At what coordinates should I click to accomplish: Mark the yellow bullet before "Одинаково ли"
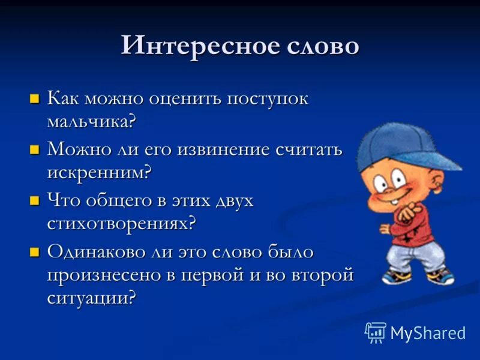(35, 251)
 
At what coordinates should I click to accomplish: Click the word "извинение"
(226, 149)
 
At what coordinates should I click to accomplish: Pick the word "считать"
(308, 149)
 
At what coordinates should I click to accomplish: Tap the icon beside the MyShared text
(376, 332)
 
